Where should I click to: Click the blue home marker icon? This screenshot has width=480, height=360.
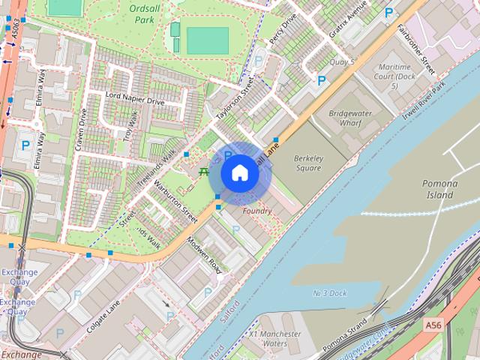click(x=239, y=173)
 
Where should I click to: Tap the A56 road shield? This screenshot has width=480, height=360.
click(x=433, y=325)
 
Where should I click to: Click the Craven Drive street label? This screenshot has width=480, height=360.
click(x=81, y=129)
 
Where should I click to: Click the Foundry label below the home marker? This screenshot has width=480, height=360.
click(x=256, y=211)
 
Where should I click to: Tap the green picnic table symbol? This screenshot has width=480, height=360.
click(x=203, y=172)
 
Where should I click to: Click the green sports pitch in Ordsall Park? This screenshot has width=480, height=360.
click(x=207, y=40)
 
